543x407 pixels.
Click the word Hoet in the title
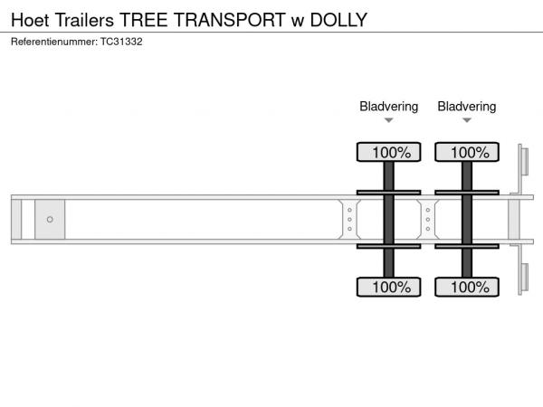click(30, 20)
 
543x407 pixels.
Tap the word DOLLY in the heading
click(338, 20)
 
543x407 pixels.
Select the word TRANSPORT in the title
click(230, 20)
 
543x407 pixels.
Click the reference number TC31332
click(121, 42)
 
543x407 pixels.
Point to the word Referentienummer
click(54, 42)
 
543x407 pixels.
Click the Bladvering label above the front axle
click(388, 107)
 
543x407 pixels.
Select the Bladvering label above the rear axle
click(467, 107)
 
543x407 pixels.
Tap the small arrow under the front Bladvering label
click(389, 120)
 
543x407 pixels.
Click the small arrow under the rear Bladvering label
click(467, 120)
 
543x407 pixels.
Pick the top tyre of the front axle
click(388, 152)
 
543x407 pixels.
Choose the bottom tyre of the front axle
click(388, 287)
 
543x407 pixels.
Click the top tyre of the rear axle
click(467, 152)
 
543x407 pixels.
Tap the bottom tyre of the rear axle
click(467, 287)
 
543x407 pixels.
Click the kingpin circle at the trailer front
click(50, 220)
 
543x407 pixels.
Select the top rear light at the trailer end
click(525, 162)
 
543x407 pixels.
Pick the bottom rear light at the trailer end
click(525, 278)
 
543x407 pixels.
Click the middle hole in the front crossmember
click(349, 220)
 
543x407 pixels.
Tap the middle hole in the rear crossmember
click(428, 220)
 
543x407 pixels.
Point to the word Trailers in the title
click(84, 20)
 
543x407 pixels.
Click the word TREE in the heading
click(144, 20)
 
